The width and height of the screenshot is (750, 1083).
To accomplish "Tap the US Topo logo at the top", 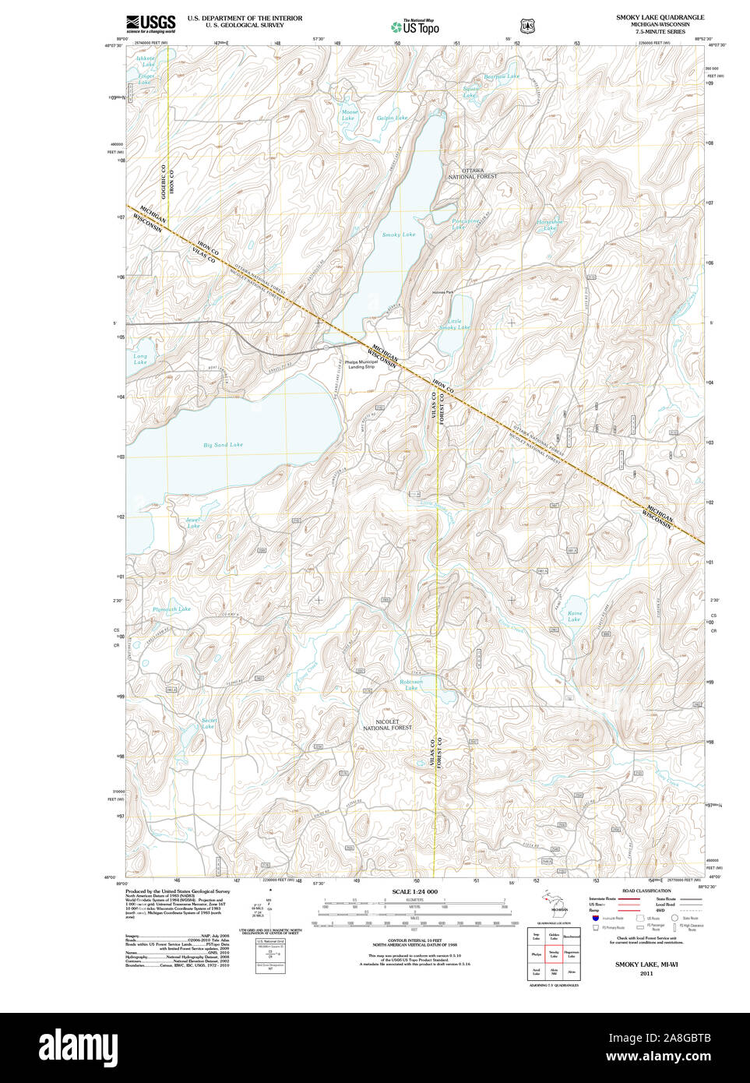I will tap(414, 26).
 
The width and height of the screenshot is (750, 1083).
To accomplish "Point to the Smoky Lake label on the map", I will tap(399, 235).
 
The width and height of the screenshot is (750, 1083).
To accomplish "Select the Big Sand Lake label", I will tap(223, 445).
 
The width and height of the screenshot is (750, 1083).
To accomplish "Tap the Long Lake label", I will tap(140, 359).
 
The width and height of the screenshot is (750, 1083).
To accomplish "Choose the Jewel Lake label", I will tap(193, 522).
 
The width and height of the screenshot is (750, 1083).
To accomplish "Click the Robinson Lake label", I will tap(410, 684).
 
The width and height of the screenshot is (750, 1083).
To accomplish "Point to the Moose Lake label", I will tap(350, 115).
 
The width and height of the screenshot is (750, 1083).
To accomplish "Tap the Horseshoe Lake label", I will tap(550, 224).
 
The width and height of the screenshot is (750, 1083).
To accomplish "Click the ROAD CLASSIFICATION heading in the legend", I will tap(646, 891).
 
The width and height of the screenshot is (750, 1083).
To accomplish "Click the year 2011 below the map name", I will tap(646, 973).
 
